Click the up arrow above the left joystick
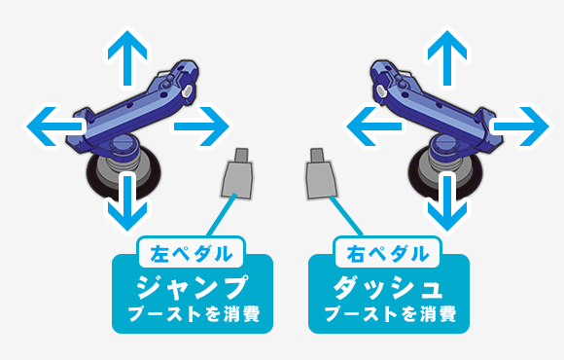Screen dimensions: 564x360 (x=124, y=54)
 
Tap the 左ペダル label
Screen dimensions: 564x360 (x=192, y=255)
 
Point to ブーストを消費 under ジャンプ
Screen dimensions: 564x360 (x=192, y=315)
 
